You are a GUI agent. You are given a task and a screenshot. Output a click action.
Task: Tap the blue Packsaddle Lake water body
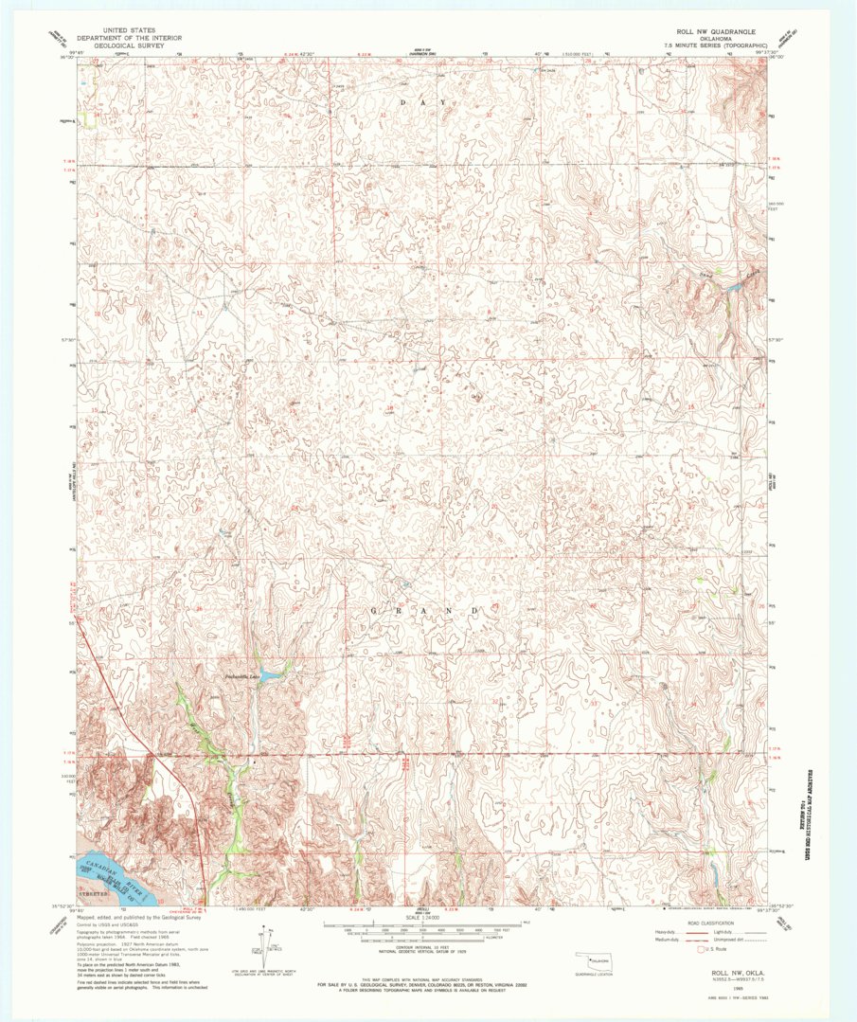[270, 674]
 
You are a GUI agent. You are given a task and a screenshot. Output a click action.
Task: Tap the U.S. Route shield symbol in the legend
[700, 948]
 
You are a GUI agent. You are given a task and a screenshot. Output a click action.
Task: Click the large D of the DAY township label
[402, 101]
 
